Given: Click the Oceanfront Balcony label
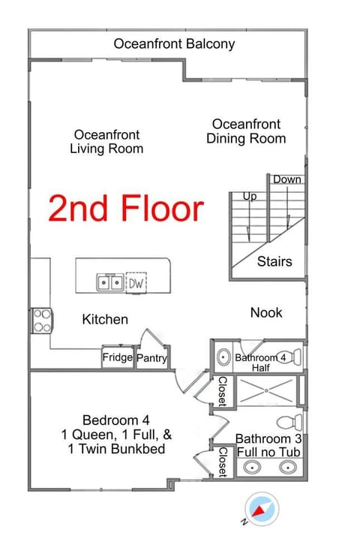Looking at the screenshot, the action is [174, 44].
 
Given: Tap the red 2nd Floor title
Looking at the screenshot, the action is [126, 208].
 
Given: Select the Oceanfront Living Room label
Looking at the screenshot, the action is [106, 142].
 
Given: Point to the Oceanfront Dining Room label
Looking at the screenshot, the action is [246, 131].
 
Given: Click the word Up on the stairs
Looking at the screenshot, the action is [250, 197].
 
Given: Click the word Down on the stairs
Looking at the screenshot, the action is [287, 179].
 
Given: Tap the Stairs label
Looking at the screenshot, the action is [274, 261].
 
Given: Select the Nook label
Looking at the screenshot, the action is [266, 313].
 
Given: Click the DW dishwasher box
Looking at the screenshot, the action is [136, 282].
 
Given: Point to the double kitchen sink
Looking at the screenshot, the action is [110, 282].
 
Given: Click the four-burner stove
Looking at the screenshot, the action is [42, 321].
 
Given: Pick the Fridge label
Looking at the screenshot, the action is [118, 357].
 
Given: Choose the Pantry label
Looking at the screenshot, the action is [152, 358].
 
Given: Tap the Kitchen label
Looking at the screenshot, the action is [105, 320].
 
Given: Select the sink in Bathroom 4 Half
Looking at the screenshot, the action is [223, 357].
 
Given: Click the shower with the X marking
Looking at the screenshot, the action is [266, 390].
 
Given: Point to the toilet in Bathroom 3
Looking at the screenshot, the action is [289, 422].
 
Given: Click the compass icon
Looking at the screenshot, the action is [262, 509].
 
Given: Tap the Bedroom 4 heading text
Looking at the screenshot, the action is [116, 420].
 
